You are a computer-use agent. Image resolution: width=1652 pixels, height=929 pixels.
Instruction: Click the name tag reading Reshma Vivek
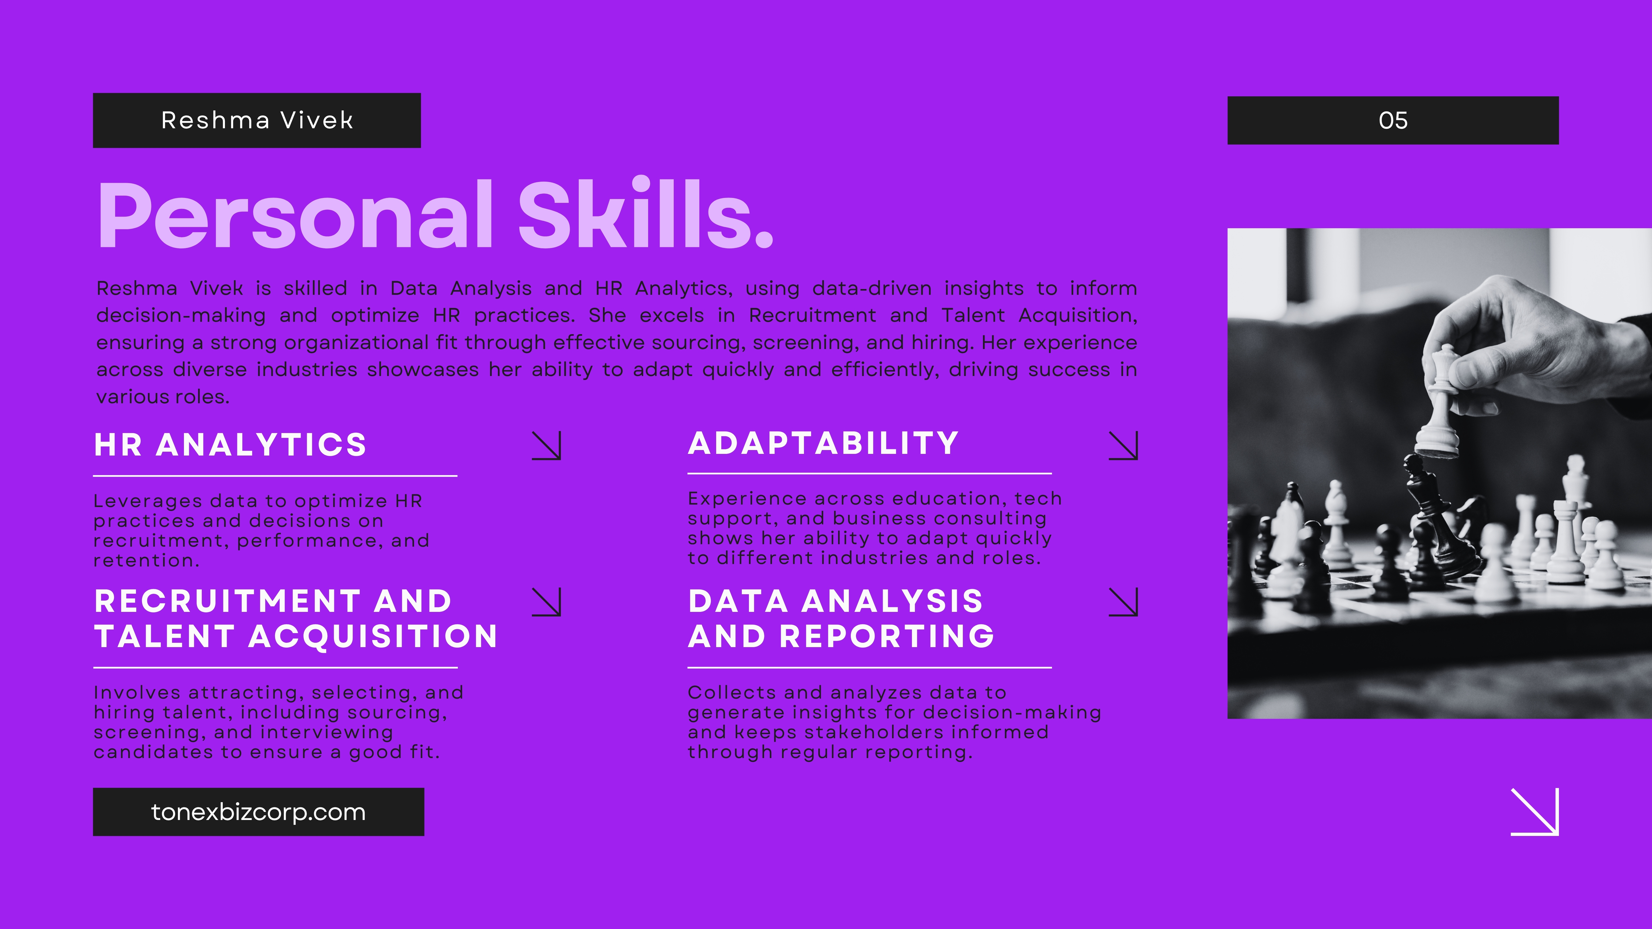[257, 121]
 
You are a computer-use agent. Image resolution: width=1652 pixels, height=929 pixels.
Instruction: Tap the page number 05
[1393, 121]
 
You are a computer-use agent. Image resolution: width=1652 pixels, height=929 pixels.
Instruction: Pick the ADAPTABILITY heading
[824, 443]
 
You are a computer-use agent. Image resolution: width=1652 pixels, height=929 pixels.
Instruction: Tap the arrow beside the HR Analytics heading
[546, 445]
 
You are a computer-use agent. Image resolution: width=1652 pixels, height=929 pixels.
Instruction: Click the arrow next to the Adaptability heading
[1124, 445]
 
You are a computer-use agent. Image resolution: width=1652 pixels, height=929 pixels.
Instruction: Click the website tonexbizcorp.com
[259, 812]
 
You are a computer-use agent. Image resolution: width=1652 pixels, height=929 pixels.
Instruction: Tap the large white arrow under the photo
[1535, 812]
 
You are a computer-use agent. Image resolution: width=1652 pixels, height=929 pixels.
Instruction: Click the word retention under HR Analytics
[146, 561]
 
